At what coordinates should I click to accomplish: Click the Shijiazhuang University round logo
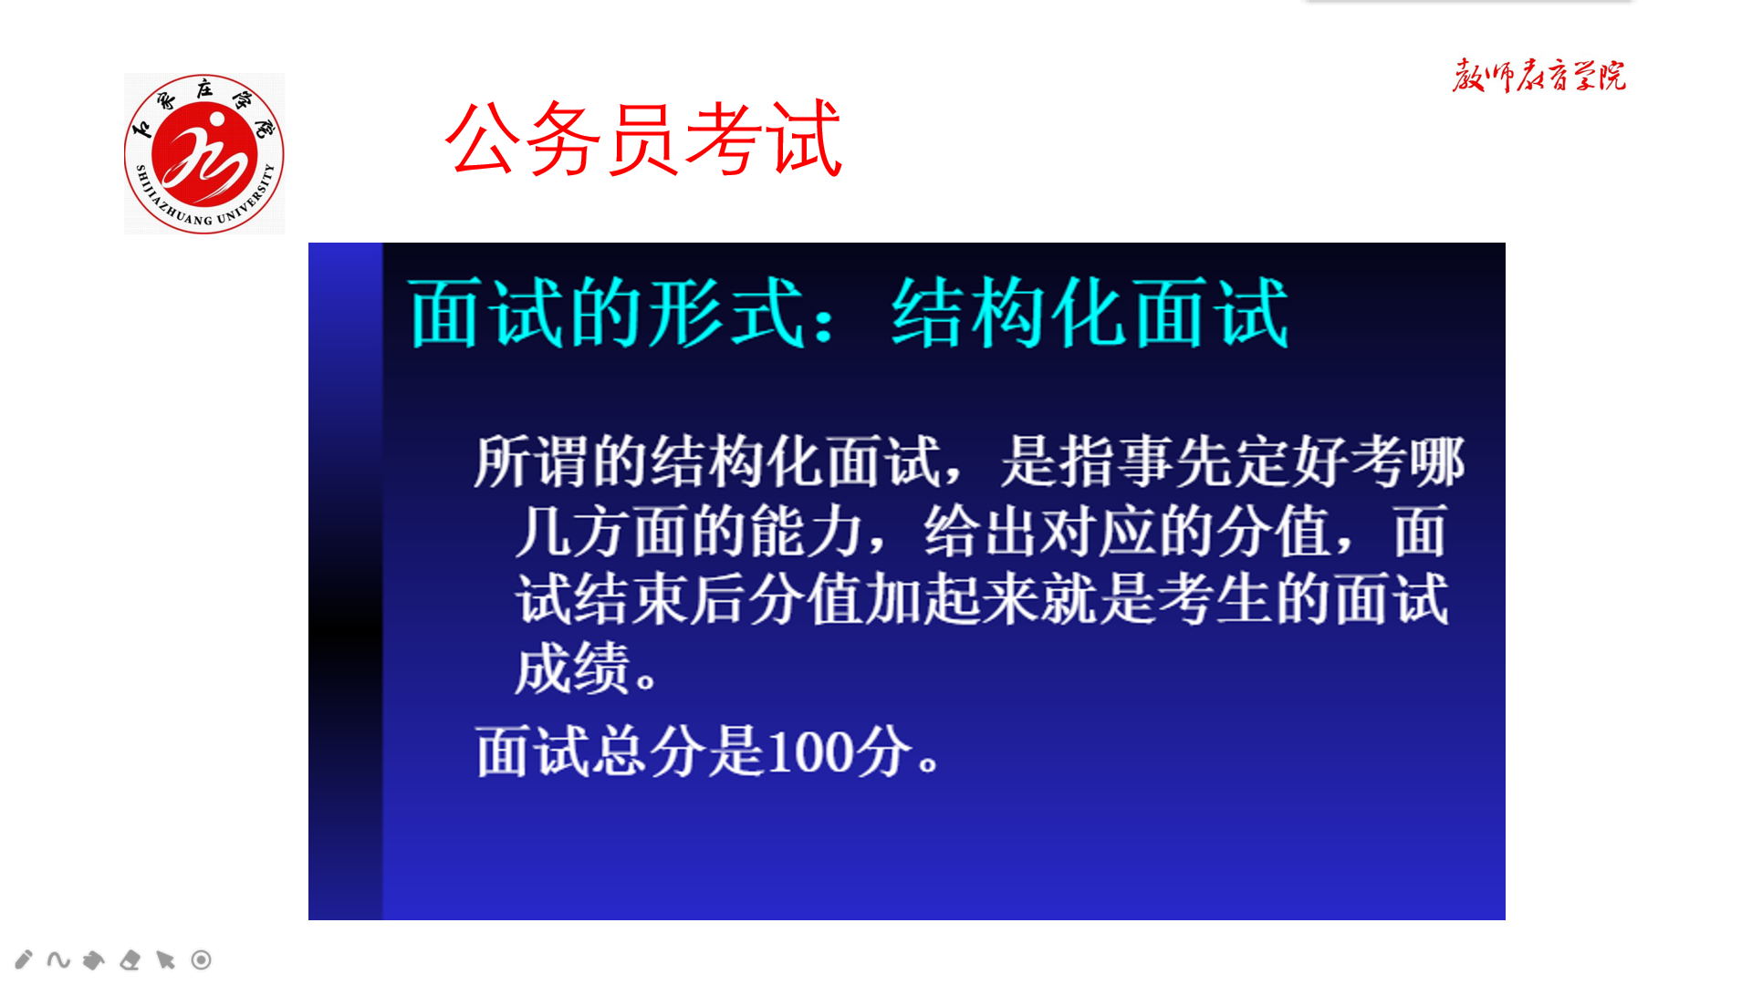pyautogui.click(x=204, y=153)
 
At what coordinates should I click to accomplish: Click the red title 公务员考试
pyautogui.click(x=643, y=139)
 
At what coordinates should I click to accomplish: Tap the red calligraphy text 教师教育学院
pyautogui.click(x=1538, y=76)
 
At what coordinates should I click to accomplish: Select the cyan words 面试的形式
pyautogui.click(x=607, y=313)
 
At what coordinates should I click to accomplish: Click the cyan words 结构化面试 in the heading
pyautogui.click(x=1090, y=313)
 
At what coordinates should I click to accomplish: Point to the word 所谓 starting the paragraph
pyautogui.click(x=532, y=461)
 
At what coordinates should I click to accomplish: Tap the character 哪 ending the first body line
pyautogui.click(x=1437, y=461)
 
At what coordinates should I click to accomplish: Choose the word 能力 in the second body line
pyautogui.click(x=807, y=532)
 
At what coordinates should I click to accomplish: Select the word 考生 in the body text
pyautogui.click(x=1215, y=600)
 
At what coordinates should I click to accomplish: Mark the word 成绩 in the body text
pyautogui.click(x=572, y=669)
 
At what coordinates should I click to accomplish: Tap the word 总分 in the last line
pyautogui.click(x=651, y=752)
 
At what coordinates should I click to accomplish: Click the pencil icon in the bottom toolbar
pyautogui.click(x=24, y=959)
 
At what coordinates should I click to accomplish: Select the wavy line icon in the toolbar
pyautogui.click(x=58, y=959)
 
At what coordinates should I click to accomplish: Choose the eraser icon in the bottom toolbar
pyautogui.click(x=130, y=959)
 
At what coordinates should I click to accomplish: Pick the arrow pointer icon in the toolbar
pyautogui.click(x=165, y=959)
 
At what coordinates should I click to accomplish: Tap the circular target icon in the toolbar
pyautogui.click(x=202, y=959)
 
